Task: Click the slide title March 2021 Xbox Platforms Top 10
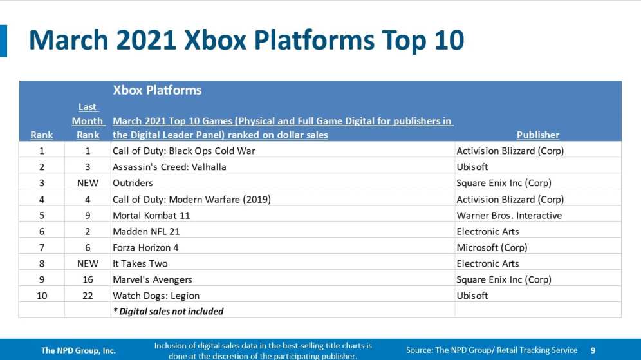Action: click(x=246, y=41)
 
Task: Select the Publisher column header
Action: click(x=537, y=135)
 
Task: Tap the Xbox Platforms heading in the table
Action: click(x=157, y=90)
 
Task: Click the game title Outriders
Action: click(x=133, y=183)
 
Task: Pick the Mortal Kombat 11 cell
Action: click(x=151, y=215)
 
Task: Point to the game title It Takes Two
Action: click(x=140, y=263)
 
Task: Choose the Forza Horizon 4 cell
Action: click(x=145, y=247)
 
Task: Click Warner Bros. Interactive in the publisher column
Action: click(x=509, y=215)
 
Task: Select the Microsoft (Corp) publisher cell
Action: click(x=492, y=247)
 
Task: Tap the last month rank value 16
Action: click(x=88, y=279)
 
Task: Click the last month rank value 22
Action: click(x=88, y=296)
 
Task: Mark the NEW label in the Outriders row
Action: click(x=88, y=183)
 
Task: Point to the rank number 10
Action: click(x=42, y=296)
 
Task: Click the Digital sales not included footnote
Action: click(x=169, y=311)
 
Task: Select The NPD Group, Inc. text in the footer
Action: click(x=79, y=350)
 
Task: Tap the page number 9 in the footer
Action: click(x=593, y=350)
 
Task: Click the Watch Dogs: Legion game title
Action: click(x=156, y=296)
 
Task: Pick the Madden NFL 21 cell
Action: click(x=146, y=232)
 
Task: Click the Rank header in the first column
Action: click(x=42, y=135)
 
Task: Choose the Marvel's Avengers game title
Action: click(x=152, y=279)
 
